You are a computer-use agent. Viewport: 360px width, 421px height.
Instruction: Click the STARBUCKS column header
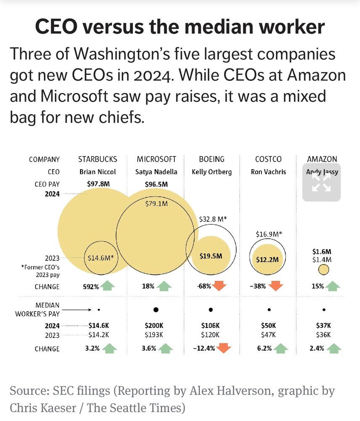(98, 159)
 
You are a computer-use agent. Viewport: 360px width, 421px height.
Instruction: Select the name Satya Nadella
(156, 172)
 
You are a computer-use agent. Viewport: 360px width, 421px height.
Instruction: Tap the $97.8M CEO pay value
(98, 184)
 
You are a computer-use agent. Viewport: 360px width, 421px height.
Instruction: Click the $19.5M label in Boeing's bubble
(211, 256)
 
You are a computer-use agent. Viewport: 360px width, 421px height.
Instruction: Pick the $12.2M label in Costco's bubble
(268, 259)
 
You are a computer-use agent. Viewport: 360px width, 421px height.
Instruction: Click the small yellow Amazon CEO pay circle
(323, 269)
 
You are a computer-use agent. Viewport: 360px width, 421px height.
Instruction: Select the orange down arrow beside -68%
(219, 286)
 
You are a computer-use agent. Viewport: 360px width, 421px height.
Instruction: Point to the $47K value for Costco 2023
(268, 335)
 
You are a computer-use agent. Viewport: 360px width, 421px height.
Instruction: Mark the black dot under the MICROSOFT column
(156, 309)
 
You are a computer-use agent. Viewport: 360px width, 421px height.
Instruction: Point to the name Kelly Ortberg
(211, 172)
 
